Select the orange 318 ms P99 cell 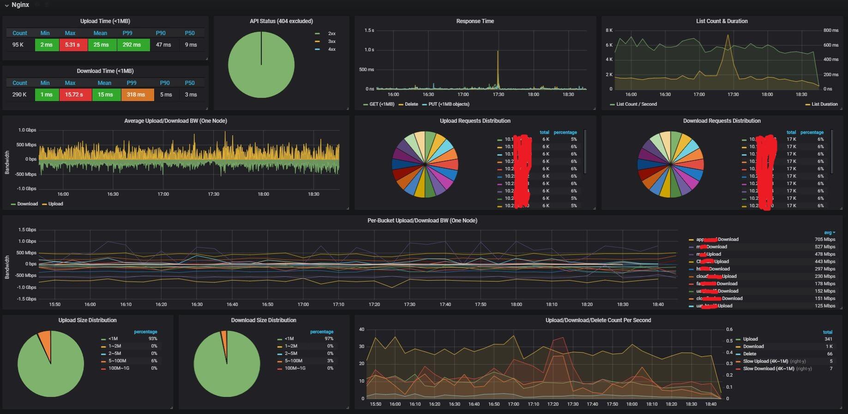click(137, 95)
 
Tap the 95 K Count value click(18, 45)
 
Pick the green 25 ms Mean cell click(101, 45)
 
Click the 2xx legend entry click(331, 34)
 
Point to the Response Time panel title click(475, 21)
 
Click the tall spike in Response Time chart click(498, 65)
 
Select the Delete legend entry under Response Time click(411, 104)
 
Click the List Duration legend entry click(824, 104)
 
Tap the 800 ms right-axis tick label click(830, 30)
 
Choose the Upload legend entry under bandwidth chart click(55, 204)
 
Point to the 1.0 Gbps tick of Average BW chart click(27, 130)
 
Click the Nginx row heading click(20, 5)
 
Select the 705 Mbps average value click(824, 240)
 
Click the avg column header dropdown click(829, 233)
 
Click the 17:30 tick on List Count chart click(733, 94)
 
